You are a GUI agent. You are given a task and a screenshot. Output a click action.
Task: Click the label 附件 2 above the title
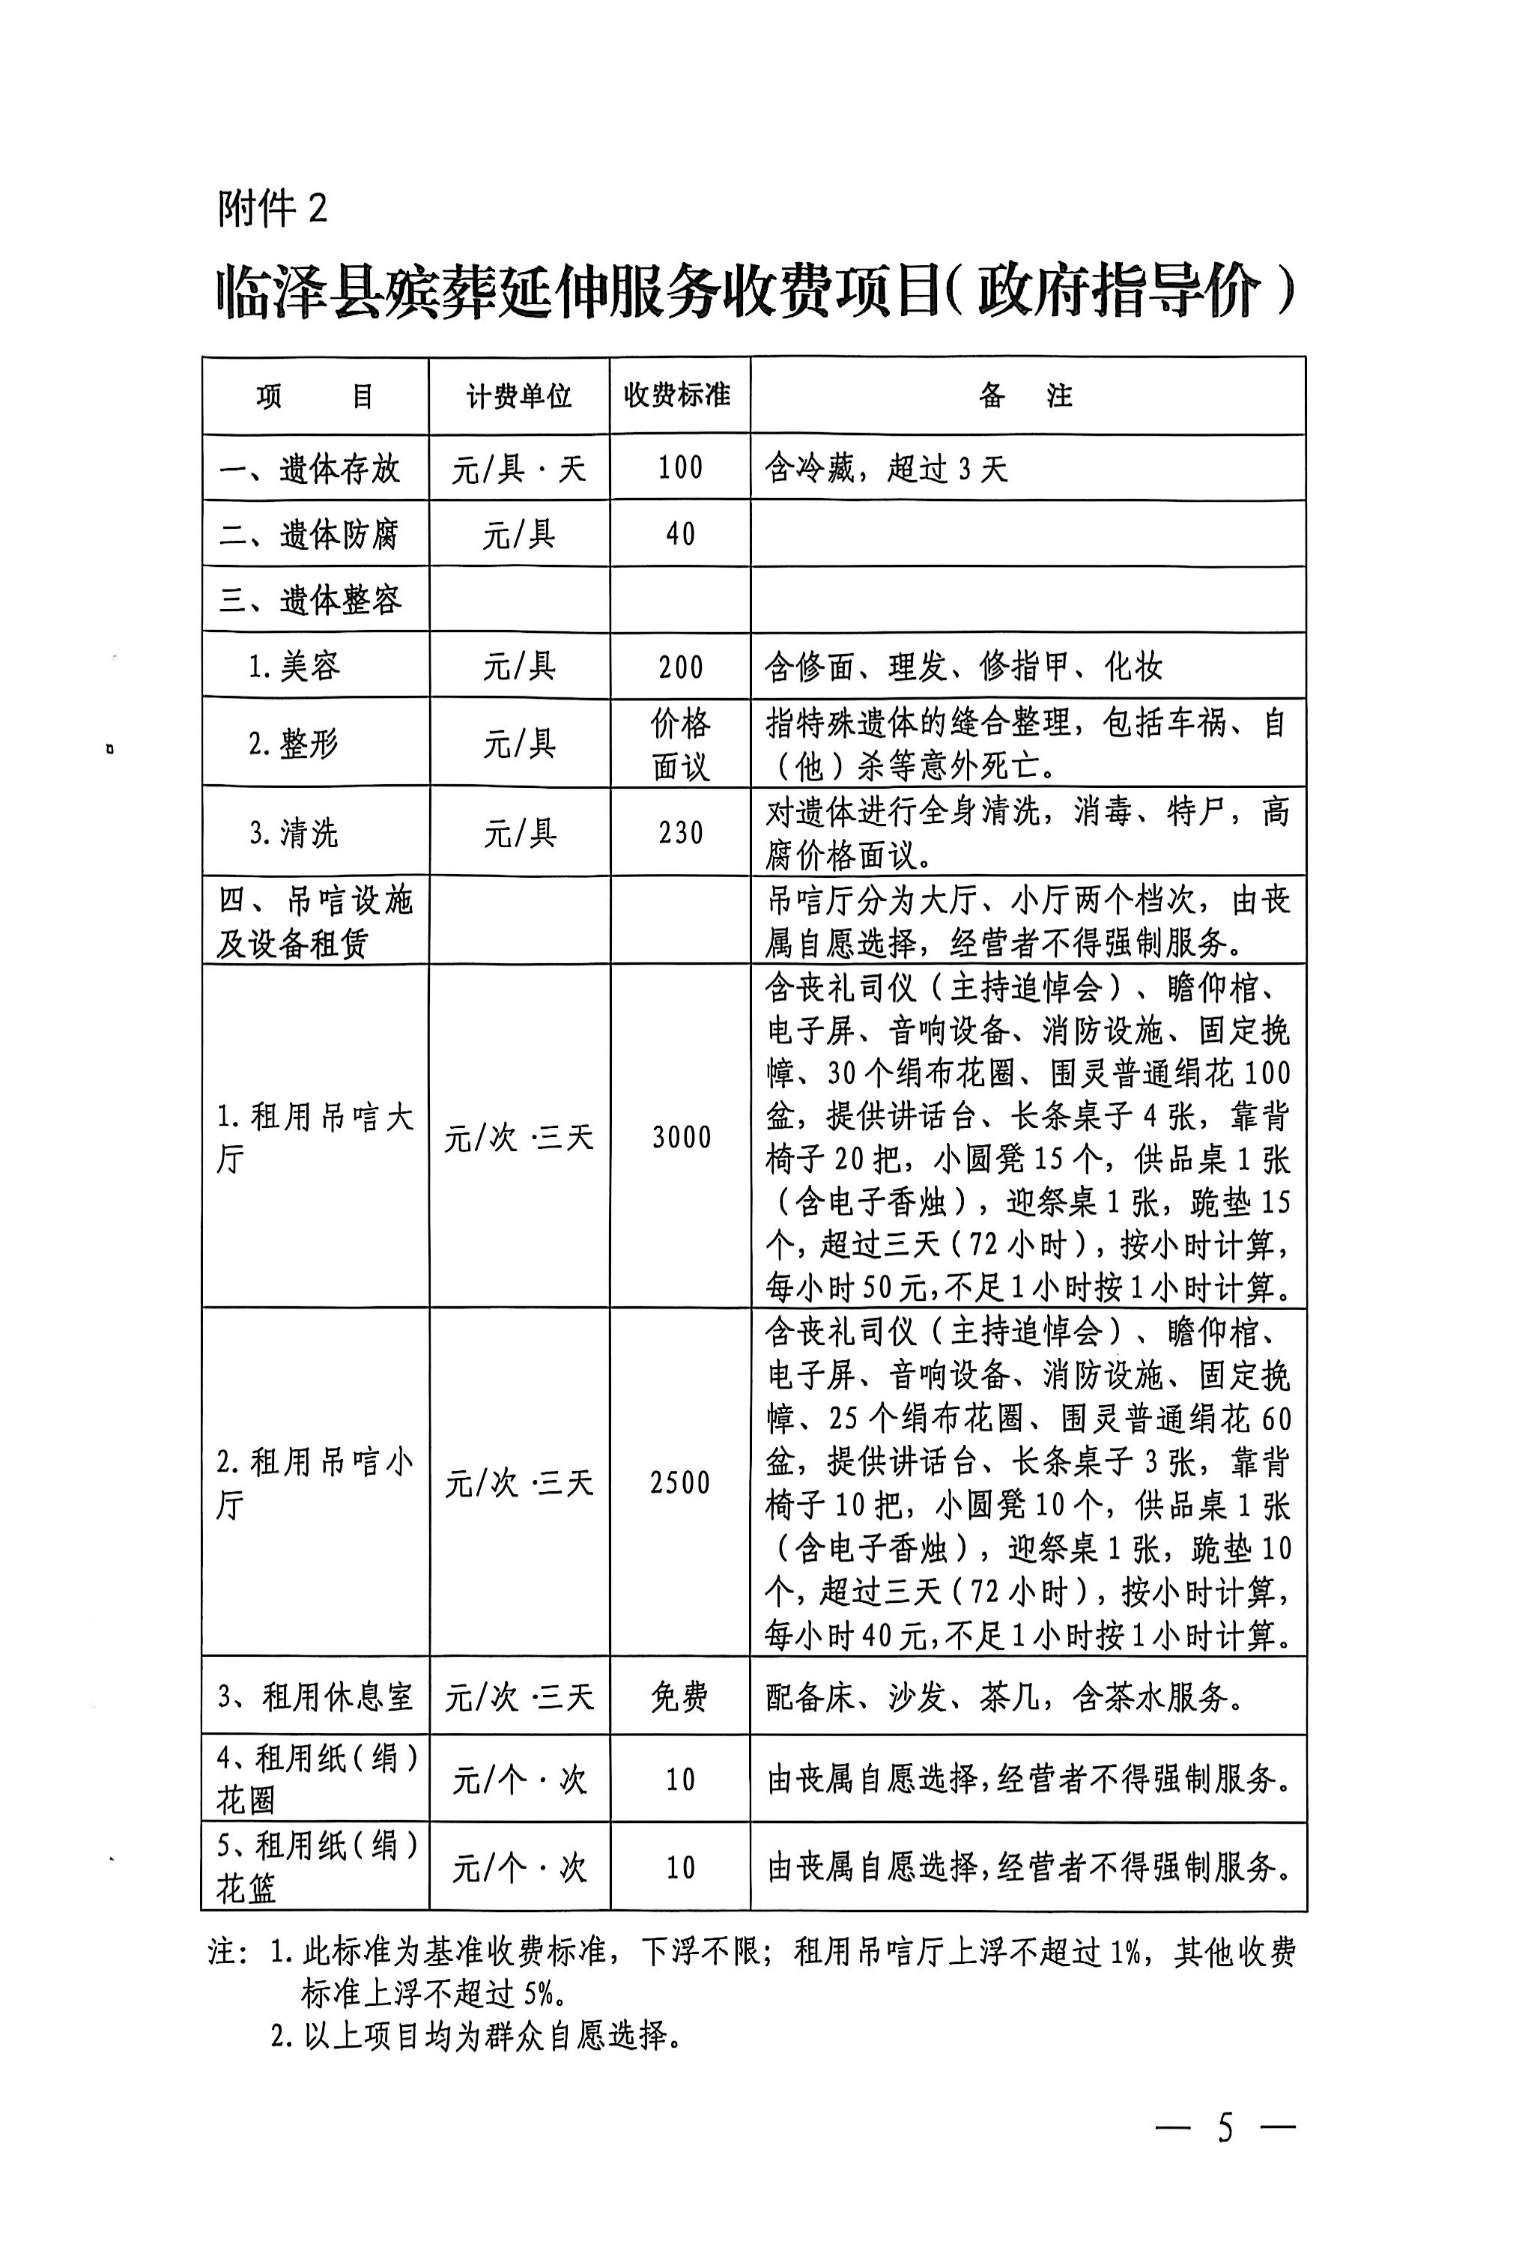tap(273, 208)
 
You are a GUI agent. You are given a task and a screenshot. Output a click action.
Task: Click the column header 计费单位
tap(518, 396)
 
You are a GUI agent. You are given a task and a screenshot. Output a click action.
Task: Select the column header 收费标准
tap(677, 395)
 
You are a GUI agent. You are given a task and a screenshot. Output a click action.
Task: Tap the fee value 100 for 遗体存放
tap(680, 468)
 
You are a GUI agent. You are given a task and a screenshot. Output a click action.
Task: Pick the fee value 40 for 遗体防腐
tap(680, 534)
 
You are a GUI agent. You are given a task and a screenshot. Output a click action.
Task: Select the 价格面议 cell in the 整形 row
tap(680, 744)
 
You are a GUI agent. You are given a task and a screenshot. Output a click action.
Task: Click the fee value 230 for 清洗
tap(680, 832)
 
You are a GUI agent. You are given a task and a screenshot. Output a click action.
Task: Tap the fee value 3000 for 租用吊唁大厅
tap(681, 1137)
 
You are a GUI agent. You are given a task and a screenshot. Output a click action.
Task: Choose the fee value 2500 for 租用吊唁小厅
tap(680, 1482)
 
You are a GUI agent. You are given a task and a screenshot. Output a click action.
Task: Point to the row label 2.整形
tap(293, 744)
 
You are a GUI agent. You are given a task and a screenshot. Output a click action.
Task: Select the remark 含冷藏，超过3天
tap(886, 470)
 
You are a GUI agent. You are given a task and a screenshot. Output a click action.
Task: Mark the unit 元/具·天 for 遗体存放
tap(518, 470)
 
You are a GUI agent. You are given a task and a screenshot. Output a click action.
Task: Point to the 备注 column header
tap(1026, 395)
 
